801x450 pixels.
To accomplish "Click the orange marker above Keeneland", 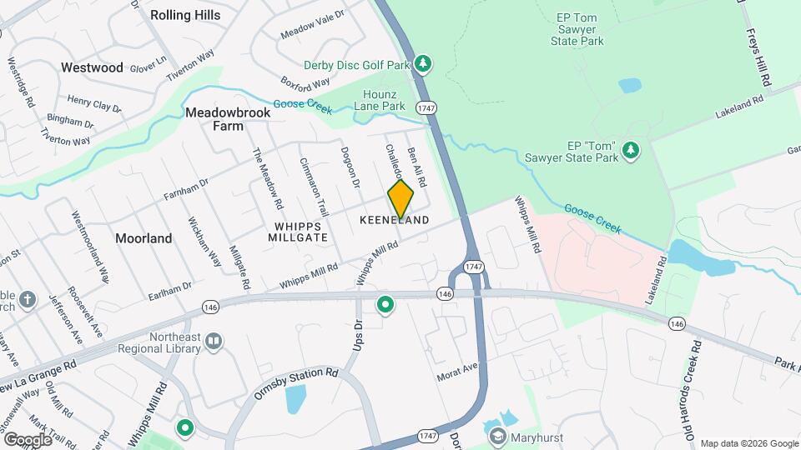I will point(400,199).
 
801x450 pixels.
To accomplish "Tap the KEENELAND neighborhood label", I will point(395,220).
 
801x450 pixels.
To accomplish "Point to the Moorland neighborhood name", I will point(144,238).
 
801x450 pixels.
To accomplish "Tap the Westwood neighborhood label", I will point(92,67).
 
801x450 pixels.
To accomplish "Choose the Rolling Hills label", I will point(185,15).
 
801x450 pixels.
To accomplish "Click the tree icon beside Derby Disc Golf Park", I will point(424,63).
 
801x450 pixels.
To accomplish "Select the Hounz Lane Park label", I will point(384,100).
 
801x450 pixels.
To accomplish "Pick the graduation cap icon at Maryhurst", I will point(498,436).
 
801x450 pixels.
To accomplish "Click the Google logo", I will point(28,439).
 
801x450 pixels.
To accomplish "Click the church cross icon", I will point(28,299).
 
